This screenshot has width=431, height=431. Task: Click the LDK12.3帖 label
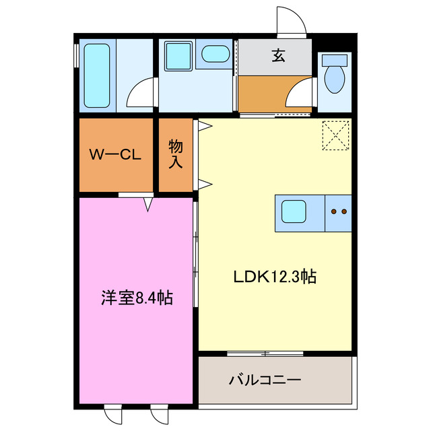tap(275, 276)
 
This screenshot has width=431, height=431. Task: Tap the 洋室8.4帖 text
tap(137, 297)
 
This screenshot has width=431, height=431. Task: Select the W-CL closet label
tap(115, 154)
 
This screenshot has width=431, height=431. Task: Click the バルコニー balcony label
tap(264, 380)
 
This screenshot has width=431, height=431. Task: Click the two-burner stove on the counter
tap(339, 211)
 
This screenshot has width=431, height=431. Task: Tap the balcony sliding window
tap(265, 353)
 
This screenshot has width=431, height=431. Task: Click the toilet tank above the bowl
tap(334, 59)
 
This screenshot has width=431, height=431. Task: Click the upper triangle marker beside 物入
tap(202, 124)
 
